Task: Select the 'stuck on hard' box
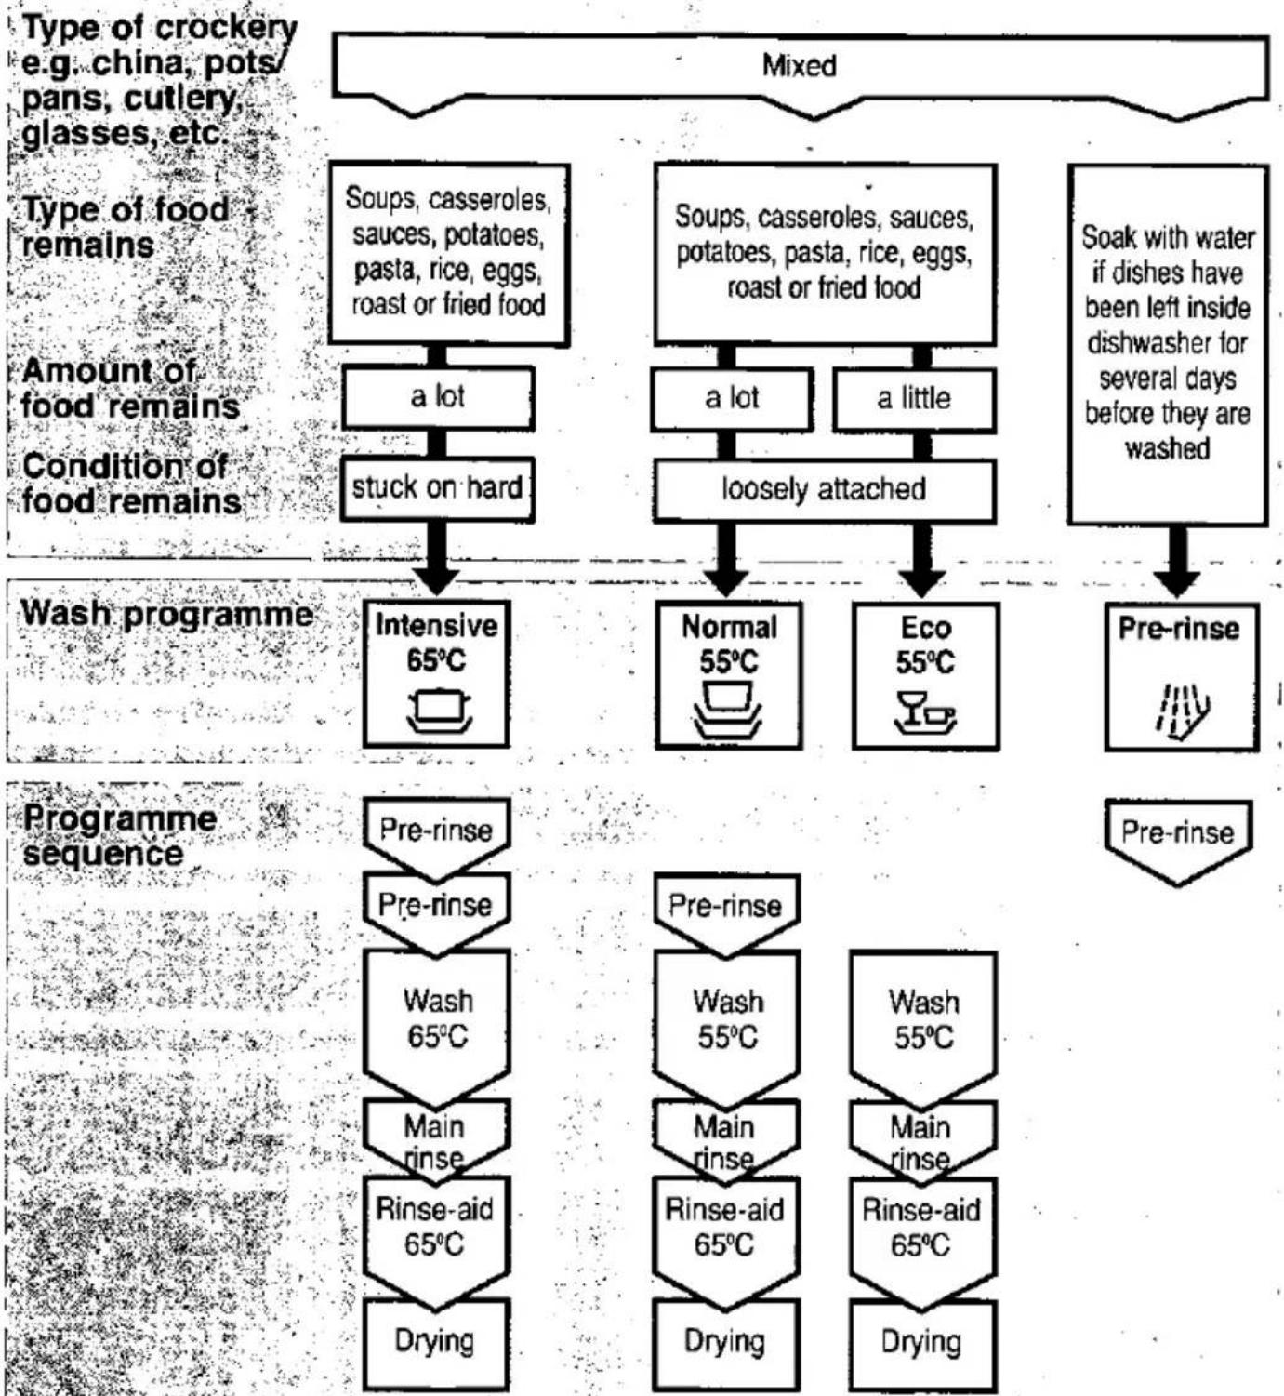[437, 488]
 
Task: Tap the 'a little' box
[914, 399]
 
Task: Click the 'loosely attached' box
[824, 490]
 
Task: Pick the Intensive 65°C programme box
[436, 673]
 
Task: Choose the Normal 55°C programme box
[729, 675]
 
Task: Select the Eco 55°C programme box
[926, 676]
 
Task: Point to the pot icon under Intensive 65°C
[438, 711]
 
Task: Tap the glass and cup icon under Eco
[925, 711]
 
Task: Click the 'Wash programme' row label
[167, 614]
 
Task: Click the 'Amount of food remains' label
[130, 389]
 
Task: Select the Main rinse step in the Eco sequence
[923, 1140]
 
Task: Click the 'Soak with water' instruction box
[1169, 344]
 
